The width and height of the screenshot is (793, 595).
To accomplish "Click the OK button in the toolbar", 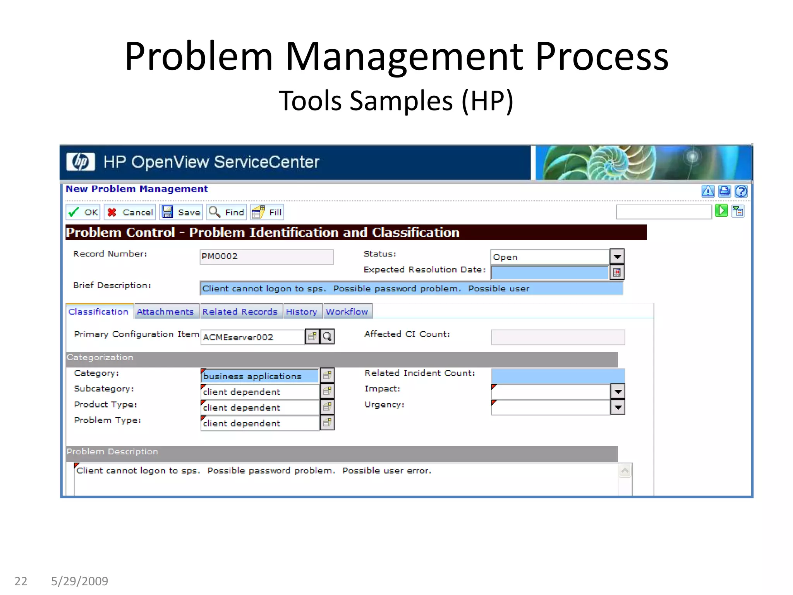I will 83,212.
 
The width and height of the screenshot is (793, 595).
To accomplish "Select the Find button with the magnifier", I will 227,212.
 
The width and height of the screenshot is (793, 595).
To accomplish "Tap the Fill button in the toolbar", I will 267,212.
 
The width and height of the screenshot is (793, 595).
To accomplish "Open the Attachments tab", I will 165,312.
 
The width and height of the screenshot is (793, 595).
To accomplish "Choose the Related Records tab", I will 240,312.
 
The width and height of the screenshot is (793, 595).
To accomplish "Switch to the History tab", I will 302,312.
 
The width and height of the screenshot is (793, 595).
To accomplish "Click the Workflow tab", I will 347,312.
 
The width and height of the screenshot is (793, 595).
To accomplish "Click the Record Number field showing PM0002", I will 266,257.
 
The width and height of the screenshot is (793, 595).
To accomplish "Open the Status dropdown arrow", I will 617,256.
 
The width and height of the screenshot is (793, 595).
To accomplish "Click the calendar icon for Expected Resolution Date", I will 617,272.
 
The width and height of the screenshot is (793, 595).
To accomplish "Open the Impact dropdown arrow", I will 618,392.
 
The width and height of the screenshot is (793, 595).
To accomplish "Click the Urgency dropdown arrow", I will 618,408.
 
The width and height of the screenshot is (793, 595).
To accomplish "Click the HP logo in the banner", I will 81,162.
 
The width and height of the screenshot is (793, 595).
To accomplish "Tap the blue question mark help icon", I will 741,191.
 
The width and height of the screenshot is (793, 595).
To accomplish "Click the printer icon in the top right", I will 724,191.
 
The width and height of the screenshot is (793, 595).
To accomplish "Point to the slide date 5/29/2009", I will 80,581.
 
